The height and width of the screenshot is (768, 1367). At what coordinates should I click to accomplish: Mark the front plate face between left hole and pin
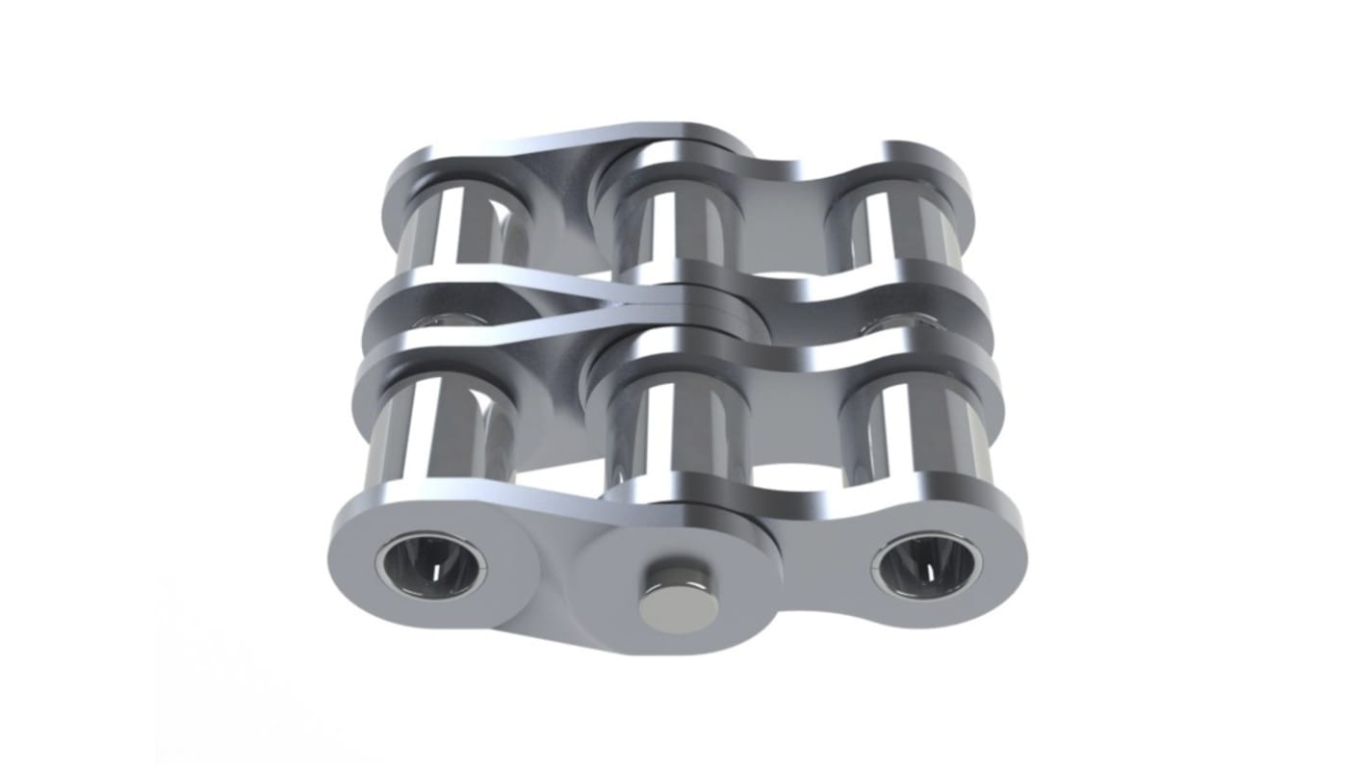[549, 577]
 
